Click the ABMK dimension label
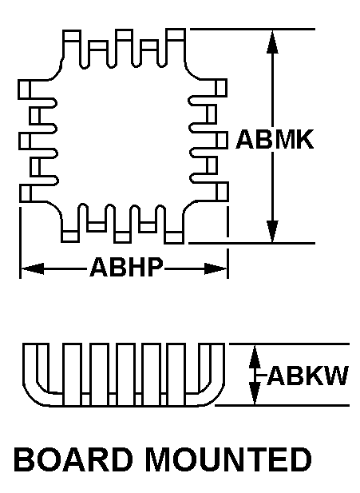click(x=275, y=139)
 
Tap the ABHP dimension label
click(x=126, y=267)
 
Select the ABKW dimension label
click(x=307, y=376)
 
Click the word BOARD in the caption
click(x=73, y=459)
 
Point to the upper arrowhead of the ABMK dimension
click(x=272, y=42)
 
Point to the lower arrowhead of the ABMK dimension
click(x=272, y=232)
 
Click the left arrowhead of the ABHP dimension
click(x=32, y=268)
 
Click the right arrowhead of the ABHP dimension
click(x=216, y=268)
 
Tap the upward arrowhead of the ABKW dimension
click(x=255, y=356)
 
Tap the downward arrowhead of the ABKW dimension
click(x=255, y=393)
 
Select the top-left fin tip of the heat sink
click(x=71, y=35)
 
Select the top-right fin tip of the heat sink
click(x=176, y=35)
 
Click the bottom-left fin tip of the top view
click(x=70, y=237)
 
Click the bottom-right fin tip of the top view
click(x=174, y=237)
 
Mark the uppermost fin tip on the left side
click(x=24, y=89)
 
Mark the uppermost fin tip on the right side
click(x=221, y=88)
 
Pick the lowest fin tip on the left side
click(x=26, y=193)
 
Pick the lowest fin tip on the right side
click(x=223, y=191)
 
